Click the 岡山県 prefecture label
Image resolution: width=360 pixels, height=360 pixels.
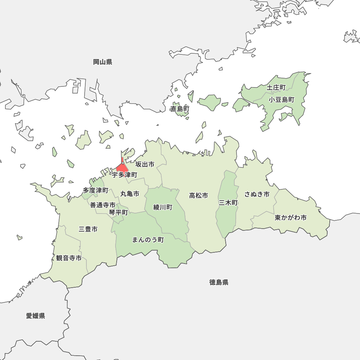[x=103, y=62]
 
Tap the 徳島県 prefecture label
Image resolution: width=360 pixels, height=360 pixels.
[x=219, y=282]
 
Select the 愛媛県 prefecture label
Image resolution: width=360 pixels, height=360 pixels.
[x=35, y=316]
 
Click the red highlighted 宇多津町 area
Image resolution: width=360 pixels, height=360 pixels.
[x=122, y=168]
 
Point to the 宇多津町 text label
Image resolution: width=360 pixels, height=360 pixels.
[x=124, y=175]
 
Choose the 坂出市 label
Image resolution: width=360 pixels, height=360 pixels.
[x=145, y=165]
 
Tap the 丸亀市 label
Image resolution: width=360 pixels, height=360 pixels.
[x=130, y=194]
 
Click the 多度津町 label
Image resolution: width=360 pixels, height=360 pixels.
[x=95, y=190]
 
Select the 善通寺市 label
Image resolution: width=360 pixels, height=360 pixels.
[x=103, y=205]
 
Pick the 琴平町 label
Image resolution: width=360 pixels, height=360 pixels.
[x=118, y=212]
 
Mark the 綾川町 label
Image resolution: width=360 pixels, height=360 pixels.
[x=163, y=207]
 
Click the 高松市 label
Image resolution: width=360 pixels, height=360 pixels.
[x=198, y=195]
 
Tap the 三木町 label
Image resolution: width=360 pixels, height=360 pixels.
[x=228, y=203]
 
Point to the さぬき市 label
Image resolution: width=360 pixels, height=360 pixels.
[x=257, y=194]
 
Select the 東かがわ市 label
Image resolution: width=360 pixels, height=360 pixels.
[x=291, y=218]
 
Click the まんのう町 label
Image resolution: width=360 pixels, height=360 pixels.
[x=148, y=240]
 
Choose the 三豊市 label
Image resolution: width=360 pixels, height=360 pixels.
[x=88, y=229]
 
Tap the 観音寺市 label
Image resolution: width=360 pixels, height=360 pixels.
[x=69, y=258]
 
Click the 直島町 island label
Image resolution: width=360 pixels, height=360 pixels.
[x=180, y=109]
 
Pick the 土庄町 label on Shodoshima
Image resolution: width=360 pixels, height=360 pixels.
[x=276, y=87]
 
